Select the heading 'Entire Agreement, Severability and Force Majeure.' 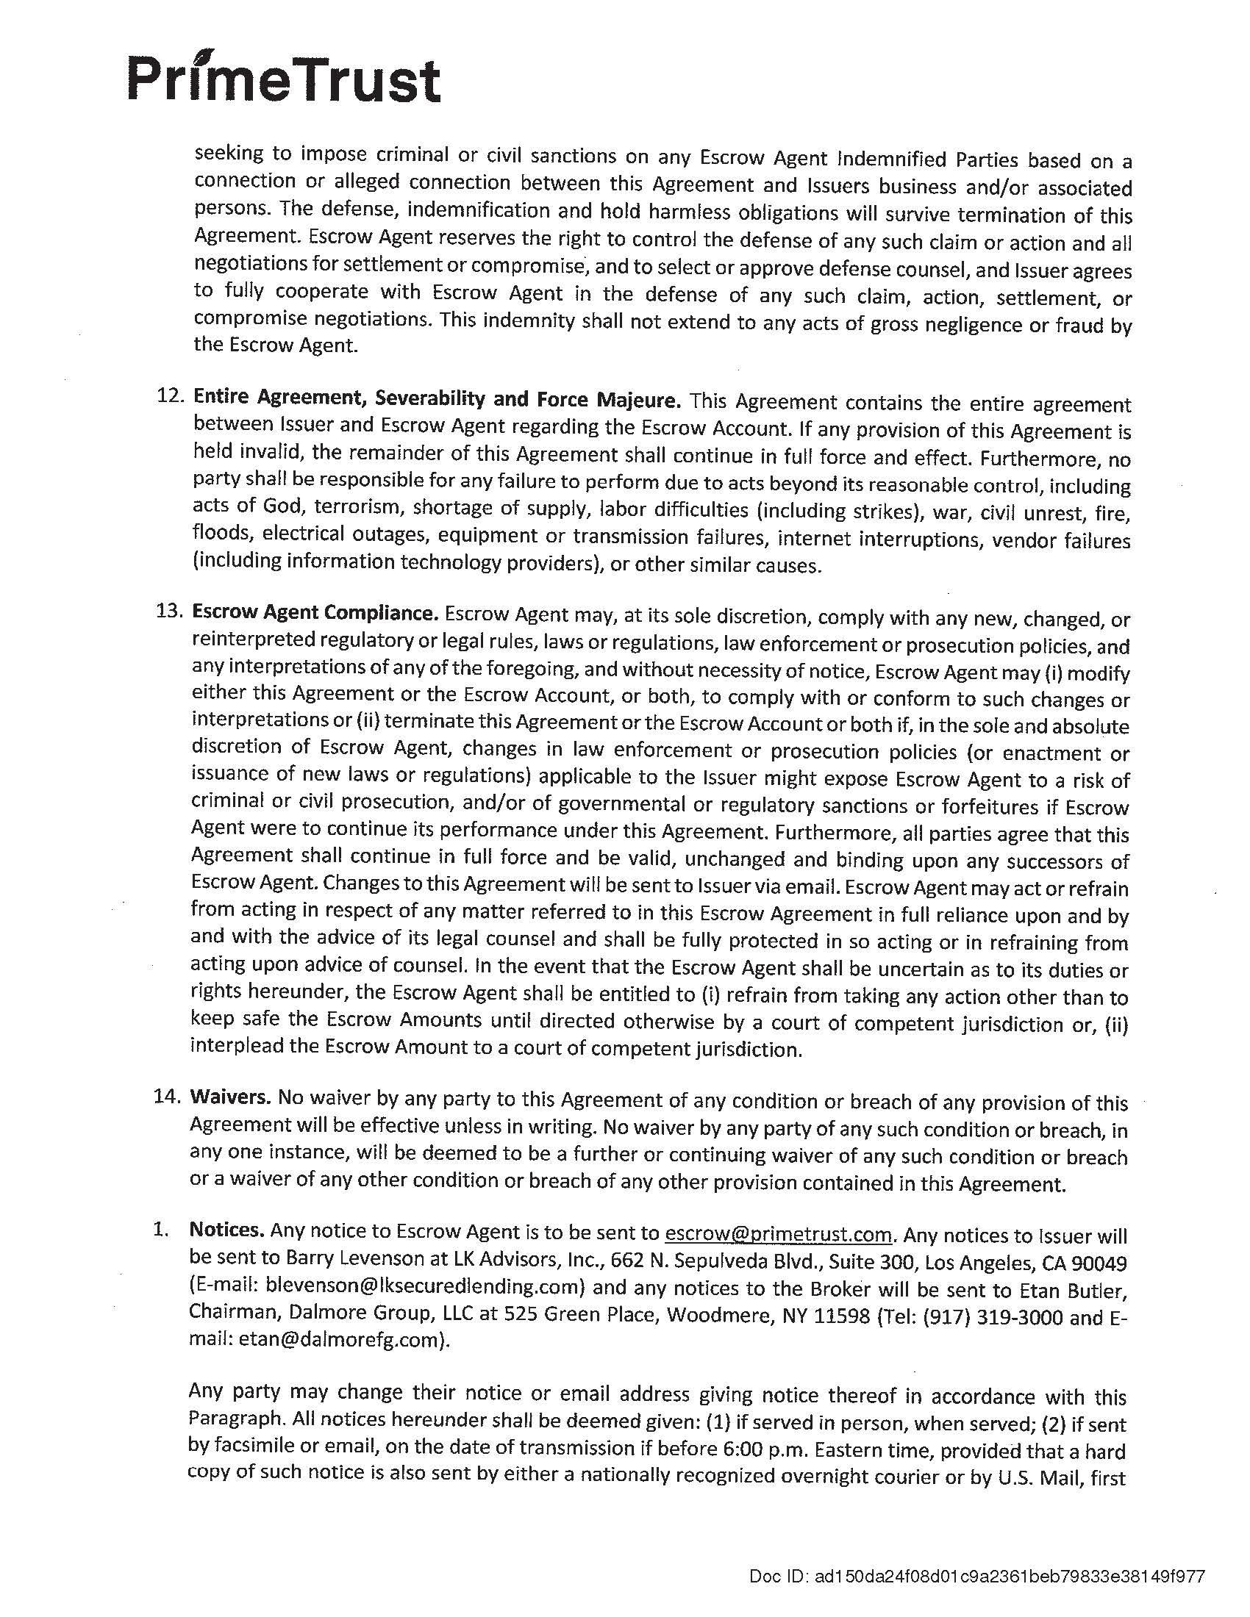click(x=436, y=399)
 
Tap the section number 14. click(x=168, y=1097)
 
